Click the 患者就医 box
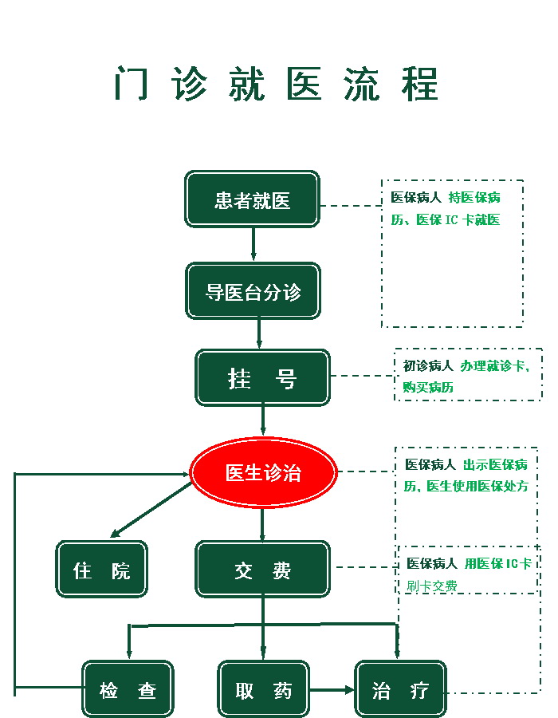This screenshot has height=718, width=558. tap(252, 199)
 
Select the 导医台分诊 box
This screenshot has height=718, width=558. tap(253, 291)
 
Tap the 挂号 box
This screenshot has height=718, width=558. tap(262, 377)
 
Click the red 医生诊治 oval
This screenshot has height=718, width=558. tap(263, 472)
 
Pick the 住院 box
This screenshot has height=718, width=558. tap(101, 570)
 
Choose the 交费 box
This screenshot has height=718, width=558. tap(262, 570)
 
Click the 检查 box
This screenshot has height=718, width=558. tap(128, 689)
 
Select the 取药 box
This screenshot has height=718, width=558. tap(263, 689)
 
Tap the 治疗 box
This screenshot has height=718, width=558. tap(400, 689)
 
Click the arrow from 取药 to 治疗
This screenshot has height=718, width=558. tap(332, 689)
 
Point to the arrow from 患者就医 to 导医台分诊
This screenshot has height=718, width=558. tap(253, 244)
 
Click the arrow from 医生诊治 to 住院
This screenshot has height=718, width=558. tap(151, 510)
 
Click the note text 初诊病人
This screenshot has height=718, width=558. tap(428, 366)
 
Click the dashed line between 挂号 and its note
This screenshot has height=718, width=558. tap(363, 376)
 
